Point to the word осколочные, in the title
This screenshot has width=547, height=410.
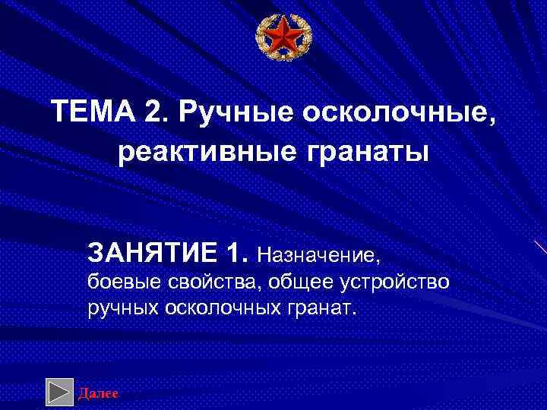[400, 115]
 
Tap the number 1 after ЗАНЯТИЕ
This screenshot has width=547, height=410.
[238, 250]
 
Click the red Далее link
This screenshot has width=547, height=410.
[98, 393]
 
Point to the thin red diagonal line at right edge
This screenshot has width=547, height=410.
[539, 247]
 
